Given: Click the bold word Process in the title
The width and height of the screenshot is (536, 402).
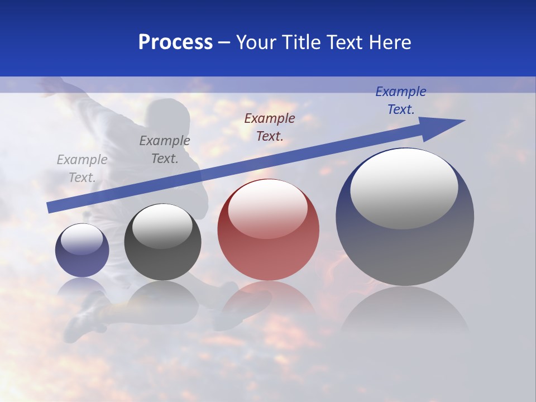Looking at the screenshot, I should pyautogui.click(x=175, y=42).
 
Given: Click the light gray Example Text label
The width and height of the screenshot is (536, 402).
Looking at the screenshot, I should pyautogui.click(x=82, y=168).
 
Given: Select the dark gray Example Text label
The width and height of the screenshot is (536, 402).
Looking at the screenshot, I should pyautogui.click(x=165, y=149).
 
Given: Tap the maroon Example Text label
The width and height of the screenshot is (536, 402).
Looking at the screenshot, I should pyautogui.click(x=270, y=127).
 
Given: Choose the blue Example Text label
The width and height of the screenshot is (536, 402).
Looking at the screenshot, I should pyautogui.click(x=401, y=100).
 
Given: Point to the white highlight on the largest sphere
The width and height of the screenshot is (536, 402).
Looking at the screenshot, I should pyautogui.click(x=404, y=188).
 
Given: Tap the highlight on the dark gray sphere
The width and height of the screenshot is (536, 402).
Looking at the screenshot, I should pyautogui.click(x=162, y=226).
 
